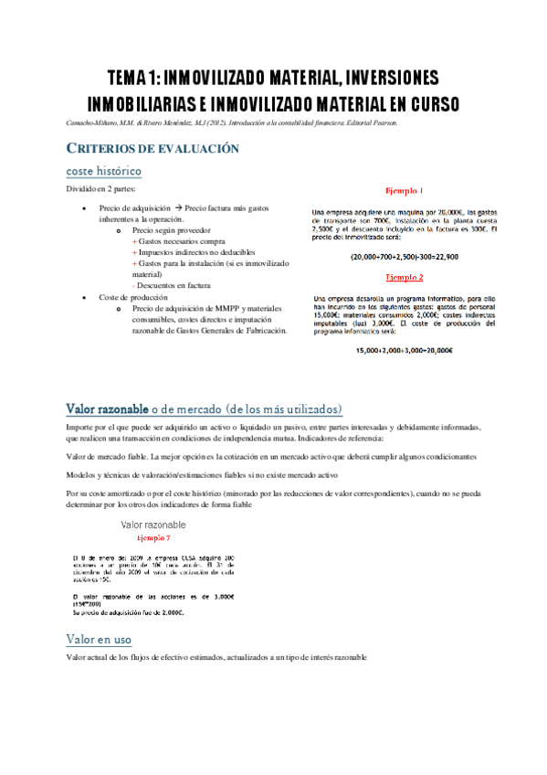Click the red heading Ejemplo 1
[404, 191]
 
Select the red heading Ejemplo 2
[404, 276]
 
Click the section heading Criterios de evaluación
[153, 149]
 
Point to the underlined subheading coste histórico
[103, 171]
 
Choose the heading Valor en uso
[99, 638]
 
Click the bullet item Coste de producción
[135, 297]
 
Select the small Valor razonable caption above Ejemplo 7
[153, 525]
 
